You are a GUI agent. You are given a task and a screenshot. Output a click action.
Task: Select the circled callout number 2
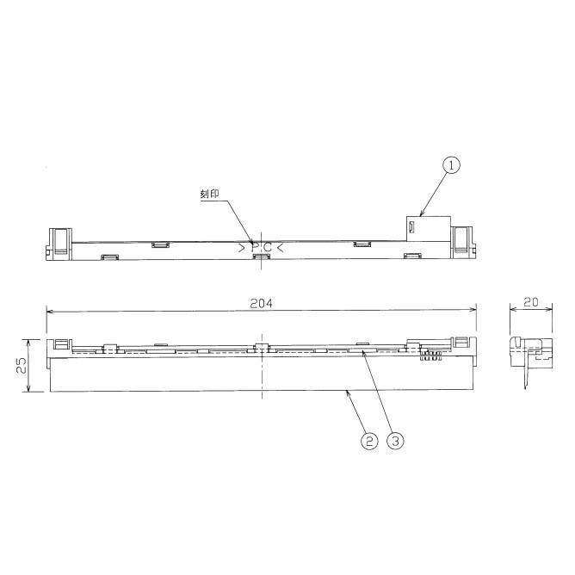[x=368, y=441]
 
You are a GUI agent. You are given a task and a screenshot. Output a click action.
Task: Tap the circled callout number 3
[x=395, y=441]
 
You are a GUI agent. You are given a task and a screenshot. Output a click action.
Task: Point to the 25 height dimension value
[x=19, y=366]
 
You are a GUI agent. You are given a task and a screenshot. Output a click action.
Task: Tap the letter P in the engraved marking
[x=256, y=247]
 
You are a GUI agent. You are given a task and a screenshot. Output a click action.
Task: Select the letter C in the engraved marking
[x=268, y=247]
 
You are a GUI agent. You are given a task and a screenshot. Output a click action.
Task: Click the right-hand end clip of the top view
[x=463, y=240]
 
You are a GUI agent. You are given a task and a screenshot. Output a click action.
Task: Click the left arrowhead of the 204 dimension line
[x=50, y=311]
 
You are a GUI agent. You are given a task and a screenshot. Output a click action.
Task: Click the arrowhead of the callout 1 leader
[x=420, y=213]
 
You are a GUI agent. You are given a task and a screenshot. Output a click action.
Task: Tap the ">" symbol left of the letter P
[x=243, y=247]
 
